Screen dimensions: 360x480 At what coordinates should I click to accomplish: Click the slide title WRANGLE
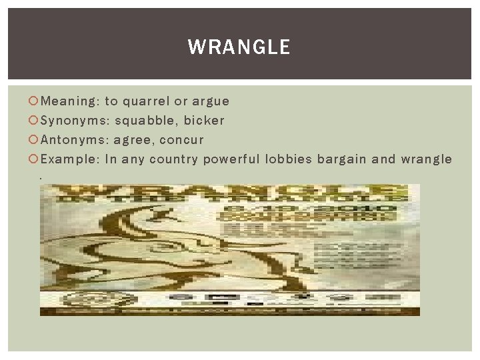coord(239,47)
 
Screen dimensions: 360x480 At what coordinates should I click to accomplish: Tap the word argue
coord(211,102)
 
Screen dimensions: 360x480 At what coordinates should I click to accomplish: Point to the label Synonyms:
coord(75,121)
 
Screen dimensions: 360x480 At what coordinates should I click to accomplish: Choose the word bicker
coord(204,121)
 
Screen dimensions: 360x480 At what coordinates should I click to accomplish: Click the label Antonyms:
coord(75,140)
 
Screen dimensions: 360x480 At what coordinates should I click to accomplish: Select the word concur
coord(182,140)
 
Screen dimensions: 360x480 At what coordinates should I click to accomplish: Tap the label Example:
coord(70,159)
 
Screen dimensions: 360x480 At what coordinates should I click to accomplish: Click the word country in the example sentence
coord(174,159)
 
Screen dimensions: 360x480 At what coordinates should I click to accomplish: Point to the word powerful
coord(232,159)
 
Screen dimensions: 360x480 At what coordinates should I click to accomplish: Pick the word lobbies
coord(289,159)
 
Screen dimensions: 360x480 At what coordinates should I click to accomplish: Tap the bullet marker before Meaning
coord(35,101)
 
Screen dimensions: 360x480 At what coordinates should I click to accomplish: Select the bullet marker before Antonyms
coord(35,140)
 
